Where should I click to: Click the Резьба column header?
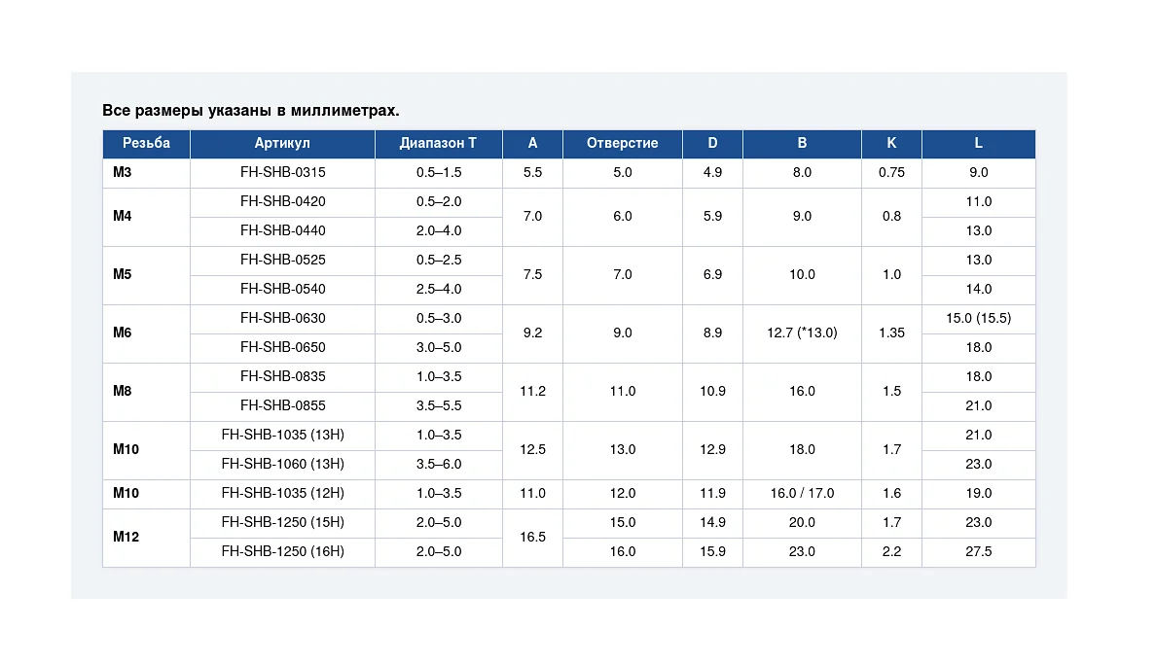(146, 143)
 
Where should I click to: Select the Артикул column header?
(282, 143)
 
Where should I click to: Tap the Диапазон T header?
(438, 143)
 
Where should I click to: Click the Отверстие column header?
(622, 143)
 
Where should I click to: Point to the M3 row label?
(123, 172)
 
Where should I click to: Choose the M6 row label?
(123, 332)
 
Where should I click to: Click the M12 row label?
(126, 537)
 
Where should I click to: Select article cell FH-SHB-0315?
(283, 172)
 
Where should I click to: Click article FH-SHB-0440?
(283, 230)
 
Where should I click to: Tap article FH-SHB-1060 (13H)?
(283, 464)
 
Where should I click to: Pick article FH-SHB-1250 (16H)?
(283, 551)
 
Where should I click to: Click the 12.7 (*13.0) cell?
(802, 332)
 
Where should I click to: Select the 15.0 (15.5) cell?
(978, 318)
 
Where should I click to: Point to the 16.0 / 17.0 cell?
(802, 494)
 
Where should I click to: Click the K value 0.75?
(891, 172)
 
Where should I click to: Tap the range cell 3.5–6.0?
(439, 464)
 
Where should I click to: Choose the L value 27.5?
(978, 551)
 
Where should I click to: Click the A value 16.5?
(532, 537)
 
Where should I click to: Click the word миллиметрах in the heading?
(345, 111)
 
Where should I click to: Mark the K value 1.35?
(891, 332)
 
